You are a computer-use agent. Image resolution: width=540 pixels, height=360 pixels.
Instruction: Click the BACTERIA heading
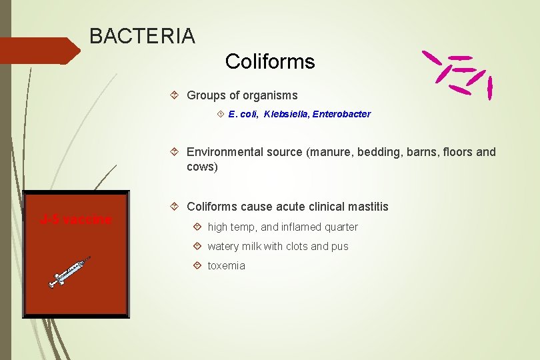142,36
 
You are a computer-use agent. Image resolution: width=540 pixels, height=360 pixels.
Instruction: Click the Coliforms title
269,61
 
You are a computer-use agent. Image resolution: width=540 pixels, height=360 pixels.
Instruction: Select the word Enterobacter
340,114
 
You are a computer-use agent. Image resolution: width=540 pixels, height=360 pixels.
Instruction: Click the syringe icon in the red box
69,272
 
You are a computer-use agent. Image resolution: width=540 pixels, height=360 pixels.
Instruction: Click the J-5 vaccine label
75,219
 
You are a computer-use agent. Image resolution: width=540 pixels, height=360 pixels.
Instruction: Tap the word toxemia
226,265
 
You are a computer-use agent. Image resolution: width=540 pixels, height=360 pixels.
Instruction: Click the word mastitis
365,207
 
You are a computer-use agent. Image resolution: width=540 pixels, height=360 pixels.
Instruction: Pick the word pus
339,246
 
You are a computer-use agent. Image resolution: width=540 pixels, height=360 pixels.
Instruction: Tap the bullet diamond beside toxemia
197,265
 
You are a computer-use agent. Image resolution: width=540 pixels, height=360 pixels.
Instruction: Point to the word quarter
341,227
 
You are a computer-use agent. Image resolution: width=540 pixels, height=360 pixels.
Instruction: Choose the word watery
223,246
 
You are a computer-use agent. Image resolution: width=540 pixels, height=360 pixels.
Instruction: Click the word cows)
202,167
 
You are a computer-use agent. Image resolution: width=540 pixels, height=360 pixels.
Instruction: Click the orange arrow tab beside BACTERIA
40,51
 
